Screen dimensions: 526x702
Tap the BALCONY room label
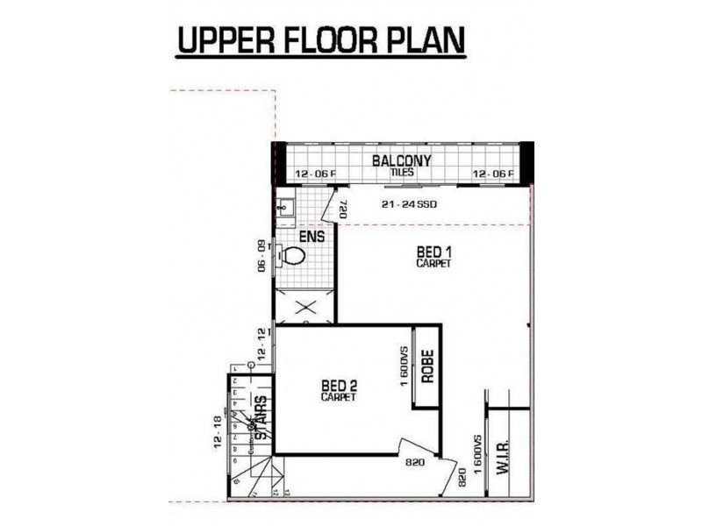(401, 161)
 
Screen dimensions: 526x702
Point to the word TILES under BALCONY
(403, 173)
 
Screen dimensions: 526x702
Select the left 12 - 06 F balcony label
(315, 174)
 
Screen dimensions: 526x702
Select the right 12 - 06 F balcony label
(494, 174)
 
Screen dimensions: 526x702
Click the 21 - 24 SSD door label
(409, 205)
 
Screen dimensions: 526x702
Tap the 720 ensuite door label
(343, 210)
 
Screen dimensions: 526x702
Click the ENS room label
(312, 237)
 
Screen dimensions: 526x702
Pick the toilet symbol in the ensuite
(292, 256)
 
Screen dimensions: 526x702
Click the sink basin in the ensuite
(284, 208)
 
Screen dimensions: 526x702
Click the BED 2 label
(338, 387)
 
